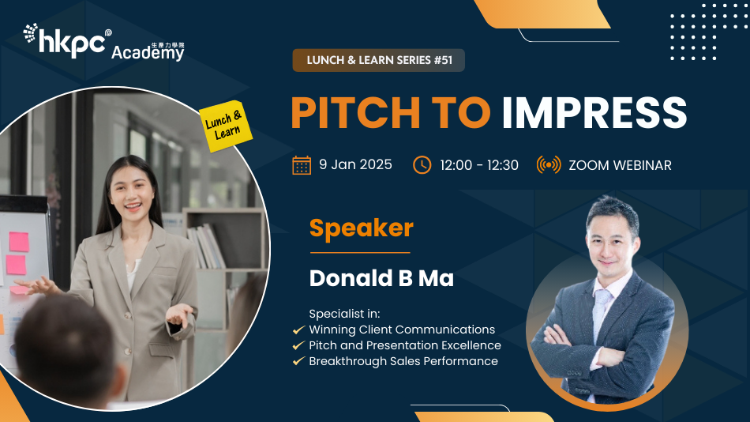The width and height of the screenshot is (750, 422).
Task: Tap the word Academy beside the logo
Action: tap(147, 54)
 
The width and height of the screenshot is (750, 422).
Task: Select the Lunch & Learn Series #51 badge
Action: tap(379, 60)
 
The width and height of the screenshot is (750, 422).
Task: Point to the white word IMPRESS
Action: tap(594, 113)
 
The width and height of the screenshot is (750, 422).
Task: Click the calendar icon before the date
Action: tap(302, 165)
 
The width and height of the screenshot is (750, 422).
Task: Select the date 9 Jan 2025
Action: tap(355, 165)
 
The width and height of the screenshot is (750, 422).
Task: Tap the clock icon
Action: tap(422, 165)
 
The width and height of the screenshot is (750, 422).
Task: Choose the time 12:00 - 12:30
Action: tap(479, 165)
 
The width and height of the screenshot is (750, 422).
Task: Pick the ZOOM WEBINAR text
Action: tap(620, 165)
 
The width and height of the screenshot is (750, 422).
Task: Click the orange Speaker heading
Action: tap(361, 228)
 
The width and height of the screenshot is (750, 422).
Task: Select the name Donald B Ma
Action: tap(381, 278)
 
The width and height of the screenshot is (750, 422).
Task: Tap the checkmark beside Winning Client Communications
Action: tap(298, 330)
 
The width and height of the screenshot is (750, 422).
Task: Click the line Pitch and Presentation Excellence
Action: tap(404, 345)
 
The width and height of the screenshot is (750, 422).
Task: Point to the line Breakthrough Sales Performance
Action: tap(403, 361)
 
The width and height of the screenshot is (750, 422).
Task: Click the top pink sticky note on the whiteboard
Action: tap(17, 240)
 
